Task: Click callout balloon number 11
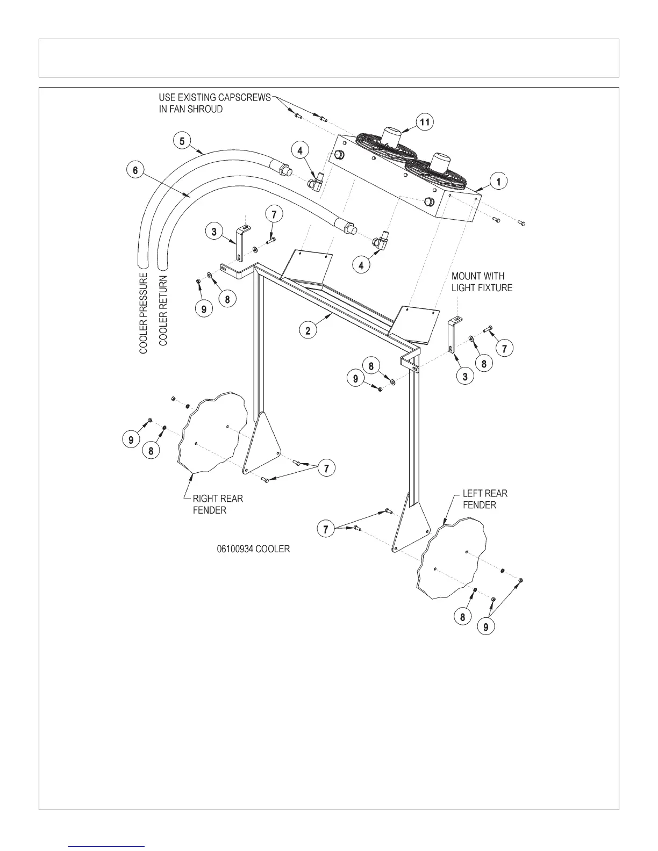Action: [x=425, y=122]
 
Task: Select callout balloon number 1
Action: [x=498, y=182]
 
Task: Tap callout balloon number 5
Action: [x=182, y=141]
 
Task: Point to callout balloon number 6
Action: [x=135, y=170]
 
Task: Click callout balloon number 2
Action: [x=308, y=330]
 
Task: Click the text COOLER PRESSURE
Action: [x=144, y=313]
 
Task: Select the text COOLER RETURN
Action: [x=163, y=311]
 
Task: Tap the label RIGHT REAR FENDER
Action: [x=217, y=504]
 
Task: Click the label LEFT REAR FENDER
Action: [x=484, y=499]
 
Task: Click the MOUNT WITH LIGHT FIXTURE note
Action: [x=482, y=282]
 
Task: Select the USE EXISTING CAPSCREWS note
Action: [x=214, y=103]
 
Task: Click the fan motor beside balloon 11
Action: [x=394, y=135]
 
